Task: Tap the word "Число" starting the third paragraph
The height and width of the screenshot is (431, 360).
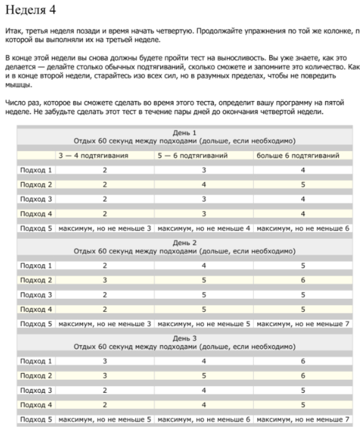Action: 15,103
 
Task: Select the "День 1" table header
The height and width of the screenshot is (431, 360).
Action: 184,132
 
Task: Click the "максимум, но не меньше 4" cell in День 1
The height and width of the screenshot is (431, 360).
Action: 204,228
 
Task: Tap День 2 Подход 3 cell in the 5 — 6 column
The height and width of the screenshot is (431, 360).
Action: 204,294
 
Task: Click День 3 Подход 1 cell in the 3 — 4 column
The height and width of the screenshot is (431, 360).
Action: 105,361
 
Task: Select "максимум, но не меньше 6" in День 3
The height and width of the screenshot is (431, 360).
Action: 204,419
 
